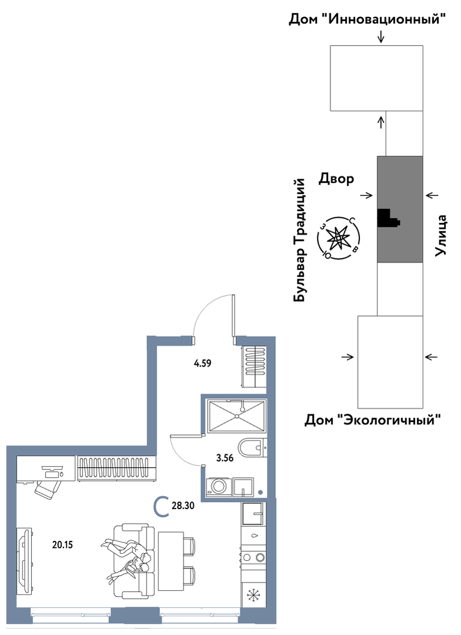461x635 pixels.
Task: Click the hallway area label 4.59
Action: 202,363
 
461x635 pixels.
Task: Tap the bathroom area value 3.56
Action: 225,458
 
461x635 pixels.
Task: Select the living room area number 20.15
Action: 63,545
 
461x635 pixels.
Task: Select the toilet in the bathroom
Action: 251,448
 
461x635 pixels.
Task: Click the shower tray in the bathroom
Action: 237,417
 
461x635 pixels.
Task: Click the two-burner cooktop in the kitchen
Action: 253,558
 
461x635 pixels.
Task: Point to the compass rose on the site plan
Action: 338,239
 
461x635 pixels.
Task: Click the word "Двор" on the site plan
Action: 336,178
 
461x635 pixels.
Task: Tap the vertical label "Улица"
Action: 440,235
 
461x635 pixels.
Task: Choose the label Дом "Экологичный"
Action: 372,420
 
